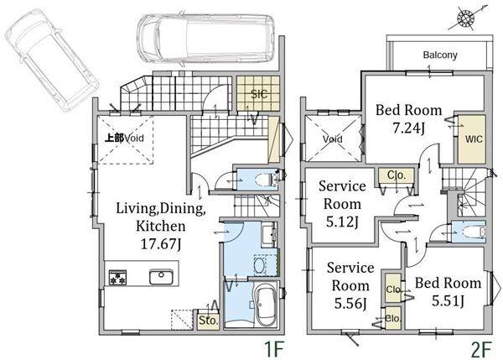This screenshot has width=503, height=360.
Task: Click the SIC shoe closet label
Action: click(x=259, y=94)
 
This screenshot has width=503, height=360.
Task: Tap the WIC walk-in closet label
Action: click(x=474, y=139)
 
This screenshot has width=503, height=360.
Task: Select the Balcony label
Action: click(x=440, y=55)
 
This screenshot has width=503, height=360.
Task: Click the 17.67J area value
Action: click(x=161, y=244)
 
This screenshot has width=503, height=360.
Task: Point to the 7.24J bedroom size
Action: click(x=409, y=128)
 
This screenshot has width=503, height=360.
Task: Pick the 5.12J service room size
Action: click(x=342, y=222)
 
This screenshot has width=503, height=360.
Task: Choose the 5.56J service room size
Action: click(x=350, y=303)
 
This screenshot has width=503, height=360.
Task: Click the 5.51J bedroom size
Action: click(x=448, y=301)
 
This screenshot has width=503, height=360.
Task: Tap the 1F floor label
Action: click(x=273, y=349)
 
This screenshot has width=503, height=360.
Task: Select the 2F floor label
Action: click(x=481, y=349)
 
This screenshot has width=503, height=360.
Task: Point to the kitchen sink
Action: click(x=161, y=277)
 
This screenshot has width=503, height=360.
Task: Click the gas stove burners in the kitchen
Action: click(x=117, y=278)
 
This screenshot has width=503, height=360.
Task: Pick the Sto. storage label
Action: click(x=209, y=321)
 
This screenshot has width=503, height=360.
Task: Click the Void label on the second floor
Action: click(x=333, y=139)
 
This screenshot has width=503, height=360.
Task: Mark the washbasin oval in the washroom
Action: click(x=259, y=265)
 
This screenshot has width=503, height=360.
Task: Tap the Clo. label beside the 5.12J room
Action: click(x=397, y=175)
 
